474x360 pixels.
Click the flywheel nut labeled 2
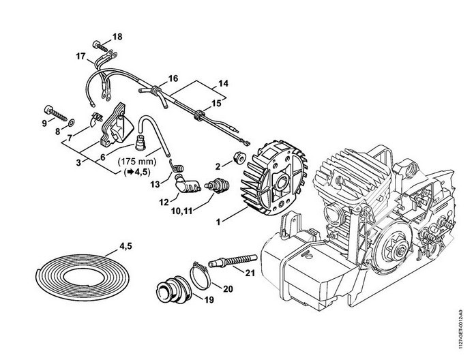pyautogui.click(x=239, y=157)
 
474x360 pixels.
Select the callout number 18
pyautogui.click(x=117, y=37)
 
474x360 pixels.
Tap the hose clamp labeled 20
pyautogui.click(x=200, y=275)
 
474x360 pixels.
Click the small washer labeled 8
pyautogui.click(x=72, y=123)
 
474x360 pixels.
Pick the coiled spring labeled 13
pyautogui.click(x=175, y=166)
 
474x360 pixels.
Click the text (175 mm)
pyautogui.click(x=137, y=162)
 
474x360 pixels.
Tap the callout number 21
pyautogui.click(x=250, y=273)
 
